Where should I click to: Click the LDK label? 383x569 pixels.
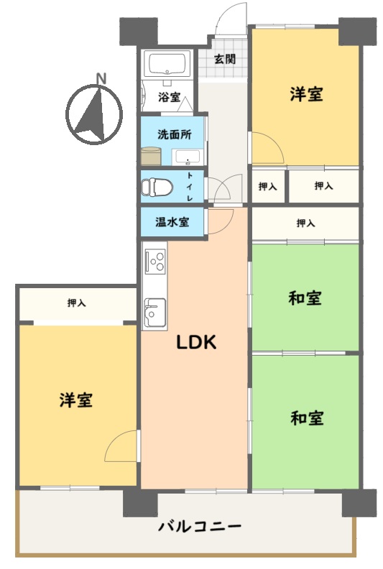click(x=196, y=342)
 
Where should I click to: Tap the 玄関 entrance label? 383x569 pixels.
click(x=225, y=59)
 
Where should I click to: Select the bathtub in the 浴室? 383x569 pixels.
click(x=167, y=64)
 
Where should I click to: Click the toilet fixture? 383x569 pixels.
click(x=157, y=187)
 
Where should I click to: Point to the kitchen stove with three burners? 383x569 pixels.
click(x=155, y=261)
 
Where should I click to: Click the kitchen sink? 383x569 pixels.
click(x=155, y=312)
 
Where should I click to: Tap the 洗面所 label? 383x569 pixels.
click(x=175, y=134)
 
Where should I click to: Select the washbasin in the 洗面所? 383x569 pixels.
click(x=188, y=157)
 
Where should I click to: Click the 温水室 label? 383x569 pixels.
click(x=172, y=222)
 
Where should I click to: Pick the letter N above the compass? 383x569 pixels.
click(x=101, y=78)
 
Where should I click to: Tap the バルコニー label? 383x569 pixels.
click(x=199, y=526)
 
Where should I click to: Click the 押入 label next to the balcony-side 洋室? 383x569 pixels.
click(x=77, y=302)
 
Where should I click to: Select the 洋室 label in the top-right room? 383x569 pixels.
click(x=306, y=94)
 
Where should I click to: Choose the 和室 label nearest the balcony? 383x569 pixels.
click(x=307, y=417)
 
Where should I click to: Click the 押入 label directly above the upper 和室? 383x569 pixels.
click(x=305, y=223)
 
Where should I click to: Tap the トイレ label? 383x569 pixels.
click(x=190, y=187)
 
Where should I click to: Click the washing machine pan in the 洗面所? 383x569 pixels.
click(x=151, y=156)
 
